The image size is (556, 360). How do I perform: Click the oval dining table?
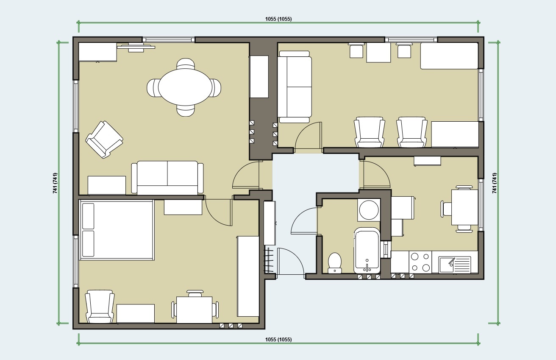[x=185, y=87]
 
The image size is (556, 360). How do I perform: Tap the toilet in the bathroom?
[x=335, y=263]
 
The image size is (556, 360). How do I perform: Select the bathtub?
[x=367, y=250]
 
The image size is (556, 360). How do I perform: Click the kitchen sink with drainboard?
[x=455, y=265]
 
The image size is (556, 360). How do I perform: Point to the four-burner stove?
[x=420, y=262]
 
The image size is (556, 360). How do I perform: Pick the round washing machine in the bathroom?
[x=369, y=210]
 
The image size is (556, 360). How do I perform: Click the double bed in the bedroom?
[x=117, y=230]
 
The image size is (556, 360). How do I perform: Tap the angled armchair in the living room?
[x=104, y=140]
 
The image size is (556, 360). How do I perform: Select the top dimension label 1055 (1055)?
[x=278, y=19]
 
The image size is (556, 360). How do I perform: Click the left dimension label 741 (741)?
[x=55, y=183]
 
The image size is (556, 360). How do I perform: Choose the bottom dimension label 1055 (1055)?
[x=278, y=339]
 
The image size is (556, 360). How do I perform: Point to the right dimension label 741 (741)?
[x=495, y=183]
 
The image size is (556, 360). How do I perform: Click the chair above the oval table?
[x=186, y=64]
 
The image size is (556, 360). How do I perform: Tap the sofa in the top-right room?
[x=295, y=87]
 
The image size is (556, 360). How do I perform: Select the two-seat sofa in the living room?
[x=167, y=178]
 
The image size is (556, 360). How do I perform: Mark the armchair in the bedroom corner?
[x=100, y=307]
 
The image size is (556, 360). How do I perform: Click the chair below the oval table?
[x=186, y=111]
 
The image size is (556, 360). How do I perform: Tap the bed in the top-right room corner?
[x=449, y=56]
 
